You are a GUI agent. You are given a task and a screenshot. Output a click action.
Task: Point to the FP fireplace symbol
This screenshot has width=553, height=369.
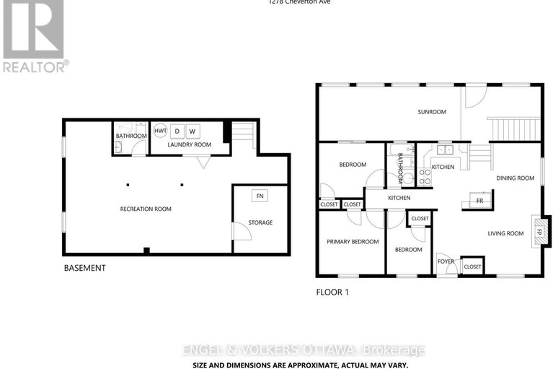(x=537, y=233)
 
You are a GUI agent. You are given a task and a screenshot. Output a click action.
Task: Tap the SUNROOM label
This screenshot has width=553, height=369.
(x=432, y=112)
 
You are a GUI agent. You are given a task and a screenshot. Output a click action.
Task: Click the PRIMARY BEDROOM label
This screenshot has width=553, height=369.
(x=353, y=242)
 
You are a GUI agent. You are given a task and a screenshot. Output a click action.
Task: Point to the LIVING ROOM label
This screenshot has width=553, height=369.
(x=505, y=233)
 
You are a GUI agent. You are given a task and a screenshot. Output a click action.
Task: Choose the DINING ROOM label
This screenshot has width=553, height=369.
(x=513, y=177)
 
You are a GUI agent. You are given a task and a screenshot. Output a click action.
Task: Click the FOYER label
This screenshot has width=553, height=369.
(x=445, y=261)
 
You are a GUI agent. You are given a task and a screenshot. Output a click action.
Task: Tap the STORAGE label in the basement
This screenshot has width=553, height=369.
(x=260, y=222)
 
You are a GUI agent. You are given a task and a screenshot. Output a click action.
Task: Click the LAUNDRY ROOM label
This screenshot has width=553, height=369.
(x=189, y=144)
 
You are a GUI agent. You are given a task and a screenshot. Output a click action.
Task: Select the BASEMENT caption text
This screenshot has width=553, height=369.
(x=85, y=268)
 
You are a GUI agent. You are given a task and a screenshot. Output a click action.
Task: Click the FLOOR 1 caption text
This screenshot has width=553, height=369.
(x=332, y=293)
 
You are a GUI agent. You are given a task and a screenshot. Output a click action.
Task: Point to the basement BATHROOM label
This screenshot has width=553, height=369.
(x=131, y=136)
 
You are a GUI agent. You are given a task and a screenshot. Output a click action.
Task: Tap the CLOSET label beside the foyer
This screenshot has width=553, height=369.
(x=472, y=267)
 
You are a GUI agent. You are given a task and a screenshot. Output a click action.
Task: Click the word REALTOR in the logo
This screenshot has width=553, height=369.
(x=32, y=66)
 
